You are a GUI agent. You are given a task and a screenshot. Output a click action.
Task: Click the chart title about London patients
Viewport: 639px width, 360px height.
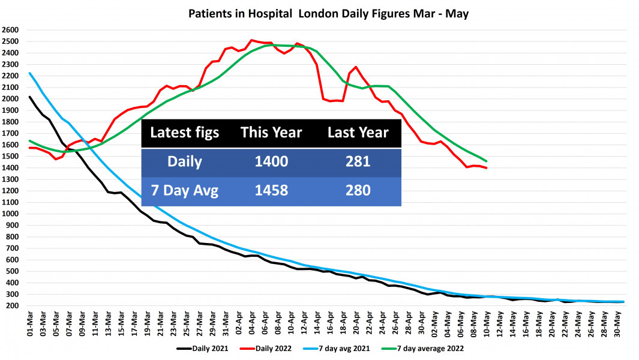(329, 13)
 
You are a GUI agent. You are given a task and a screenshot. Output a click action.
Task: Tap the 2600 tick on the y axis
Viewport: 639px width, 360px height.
(11, 30)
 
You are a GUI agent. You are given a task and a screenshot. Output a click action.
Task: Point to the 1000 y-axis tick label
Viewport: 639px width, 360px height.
(11, 214)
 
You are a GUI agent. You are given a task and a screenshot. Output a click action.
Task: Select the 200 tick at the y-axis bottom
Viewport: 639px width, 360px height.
(13, 306)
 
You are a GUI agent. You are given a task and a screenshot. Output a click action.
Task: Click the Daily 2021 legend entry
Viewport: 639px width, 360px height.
(203, 348)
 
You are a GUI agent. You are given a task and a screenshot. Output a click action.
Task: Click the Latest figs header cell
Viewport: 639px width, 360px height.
(185, 133)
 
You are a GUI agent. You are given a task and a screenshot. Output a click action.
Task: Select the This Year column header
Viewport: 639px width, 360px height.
(271, 133)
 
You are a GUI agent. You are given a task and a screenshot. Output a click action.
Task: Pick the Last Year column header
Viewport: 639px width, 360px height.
(358, 133)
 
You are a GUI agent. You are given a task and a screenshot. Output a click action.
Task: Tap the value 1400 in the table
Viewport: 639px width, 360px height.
(271, 162)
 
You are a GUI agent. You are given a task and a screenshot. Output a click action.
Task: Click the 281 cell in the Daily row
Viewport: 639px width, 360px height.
(358, 162)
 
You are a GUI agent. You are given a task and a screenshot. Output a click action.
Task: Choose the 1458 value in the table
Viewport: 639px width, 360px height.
(271, 191)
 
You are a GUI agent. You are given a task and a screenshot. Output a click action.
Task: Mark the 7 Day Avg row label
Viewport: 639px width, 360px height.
(185, 191)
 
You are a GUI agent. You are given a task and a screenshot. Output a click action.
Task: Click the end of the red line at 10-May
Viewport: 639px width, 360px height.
(487, 168)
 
